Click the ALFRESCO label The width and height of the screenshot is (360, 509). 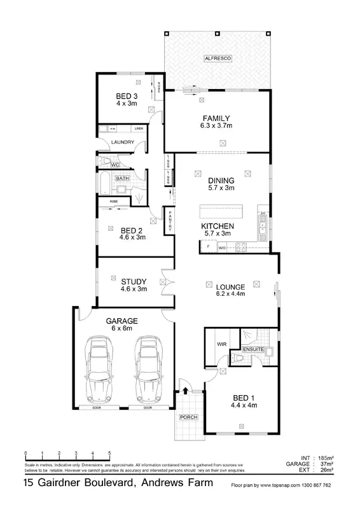[218, 59]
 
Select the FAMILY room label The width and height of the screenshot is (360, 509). [216, 118]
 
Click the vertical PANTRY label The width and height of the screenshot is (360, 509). [170, 220]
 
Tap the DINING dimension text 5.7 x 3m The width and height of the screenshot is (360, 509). [221, 188]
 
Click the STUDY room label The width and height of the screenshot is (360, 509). [134, 281]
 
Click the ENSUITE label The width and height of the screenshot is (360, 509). [253, 349]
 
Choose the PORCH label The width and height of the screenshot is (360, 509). [188, 418]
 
